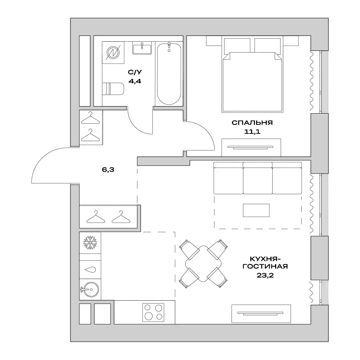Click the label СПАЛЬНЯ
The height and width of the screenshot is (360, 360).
(252, 123)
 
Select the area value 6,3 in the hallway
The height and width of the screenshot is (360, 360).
(108, 170)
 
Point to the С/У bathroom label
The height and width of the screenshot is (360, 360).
(135, 72)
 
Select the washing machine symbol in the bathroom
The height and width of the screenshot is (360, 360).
(113, 53)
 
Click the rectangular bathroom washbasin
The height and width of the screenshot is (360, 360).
(142, 48)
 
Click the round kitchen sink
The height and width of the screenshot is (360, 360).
(90, 290)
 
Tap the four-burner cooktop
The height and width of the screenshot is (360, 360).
(154, 312)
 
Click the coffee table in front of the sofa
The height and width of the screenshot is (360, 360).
(256, 210)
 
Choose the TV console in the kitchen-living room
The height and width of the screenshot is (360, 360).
(261, 314)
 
